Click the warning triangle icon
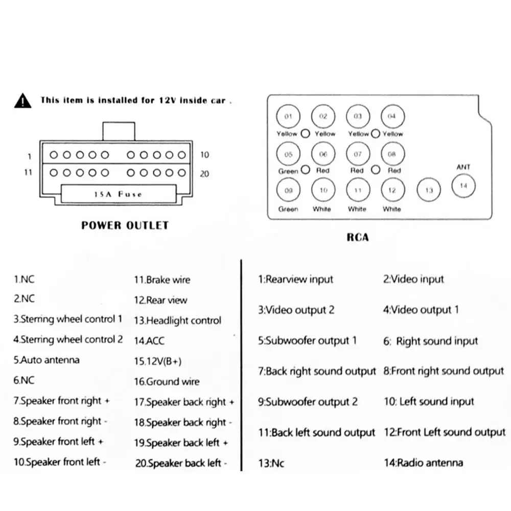22,101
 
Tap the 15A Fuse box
119,194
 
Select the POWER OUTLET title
125,225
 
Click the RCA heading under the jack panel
358,237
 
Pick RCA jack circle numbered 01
288,117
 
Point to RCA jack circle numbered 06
323,154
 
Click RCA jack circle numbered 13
429,190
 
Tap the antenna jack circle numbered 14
463,186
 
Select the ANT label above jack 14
463,167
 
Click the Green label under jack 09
288,209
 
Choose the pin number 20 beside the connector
204,174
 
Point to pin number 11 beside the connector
28,172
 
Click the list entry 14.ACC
149,341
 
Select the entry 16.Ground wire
167,382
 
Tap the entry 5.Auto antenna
47,360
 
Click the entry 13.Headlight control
178,321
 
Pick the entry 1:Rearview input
295,280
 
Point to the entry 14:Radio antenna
423,463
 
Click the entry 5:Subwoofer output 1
307,341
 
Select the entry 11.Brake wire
162,280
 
